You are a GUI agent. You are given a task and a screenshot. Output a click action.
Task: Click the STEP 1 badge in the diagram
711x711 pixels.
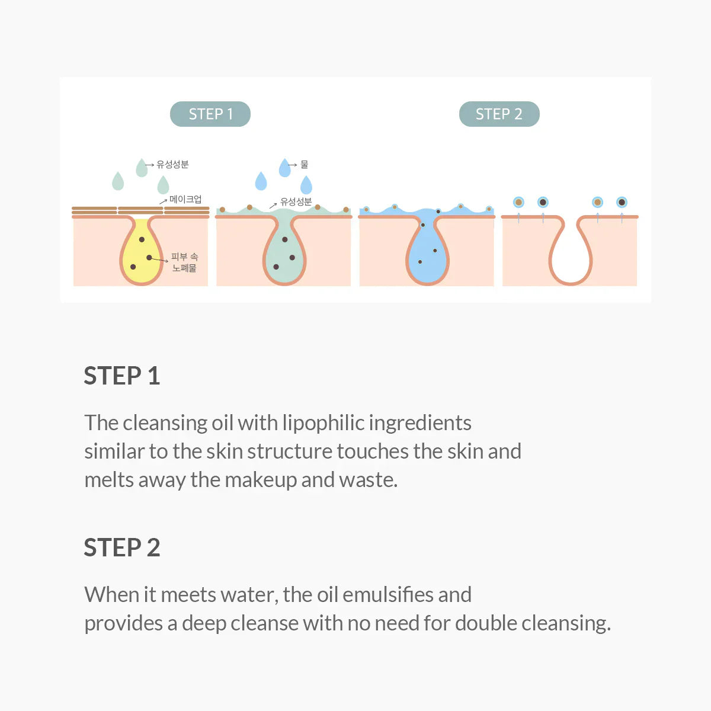210,114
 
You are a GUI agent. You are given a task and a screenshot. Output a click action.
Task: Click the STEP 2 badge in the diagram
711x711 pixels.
499,114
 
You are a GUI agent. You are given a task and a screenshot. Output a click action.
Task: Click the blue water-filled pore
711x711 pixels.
427,252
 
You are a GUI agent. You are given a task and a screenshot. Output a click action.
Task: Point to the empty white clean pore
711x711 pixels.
570,255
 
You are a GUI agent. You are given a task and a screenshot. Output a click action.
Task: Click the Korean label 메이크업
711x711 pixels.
185,199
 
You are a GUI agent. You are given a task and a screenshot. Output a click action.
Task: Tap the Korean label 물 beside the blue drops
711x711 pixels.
304,164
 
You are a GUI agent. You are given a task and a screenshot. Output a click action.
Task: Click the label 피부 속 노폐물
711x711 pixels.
184,262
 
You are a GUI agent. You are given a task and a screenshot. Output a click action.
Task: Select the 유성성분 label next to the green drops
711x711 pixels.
172,164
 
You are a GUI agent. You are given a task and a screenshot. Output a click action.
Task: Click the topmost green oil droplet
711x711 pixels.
141,168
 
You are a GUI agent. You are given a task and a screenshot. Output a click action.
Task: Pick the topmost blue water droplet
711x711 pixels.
284,168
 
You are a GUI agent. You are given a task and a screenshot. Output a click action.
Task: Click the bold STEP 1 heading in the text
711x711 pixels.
122,376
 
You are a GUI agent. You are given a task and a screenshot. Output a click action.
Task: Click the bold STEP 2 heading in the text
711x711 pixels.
122,547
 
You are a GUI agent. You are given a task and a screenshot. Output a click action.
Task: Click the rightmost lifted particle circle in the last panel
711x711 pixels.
622,202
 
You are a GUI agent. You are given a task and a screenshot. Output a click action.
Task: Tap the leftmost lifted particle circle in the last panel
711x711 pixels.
518,202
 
